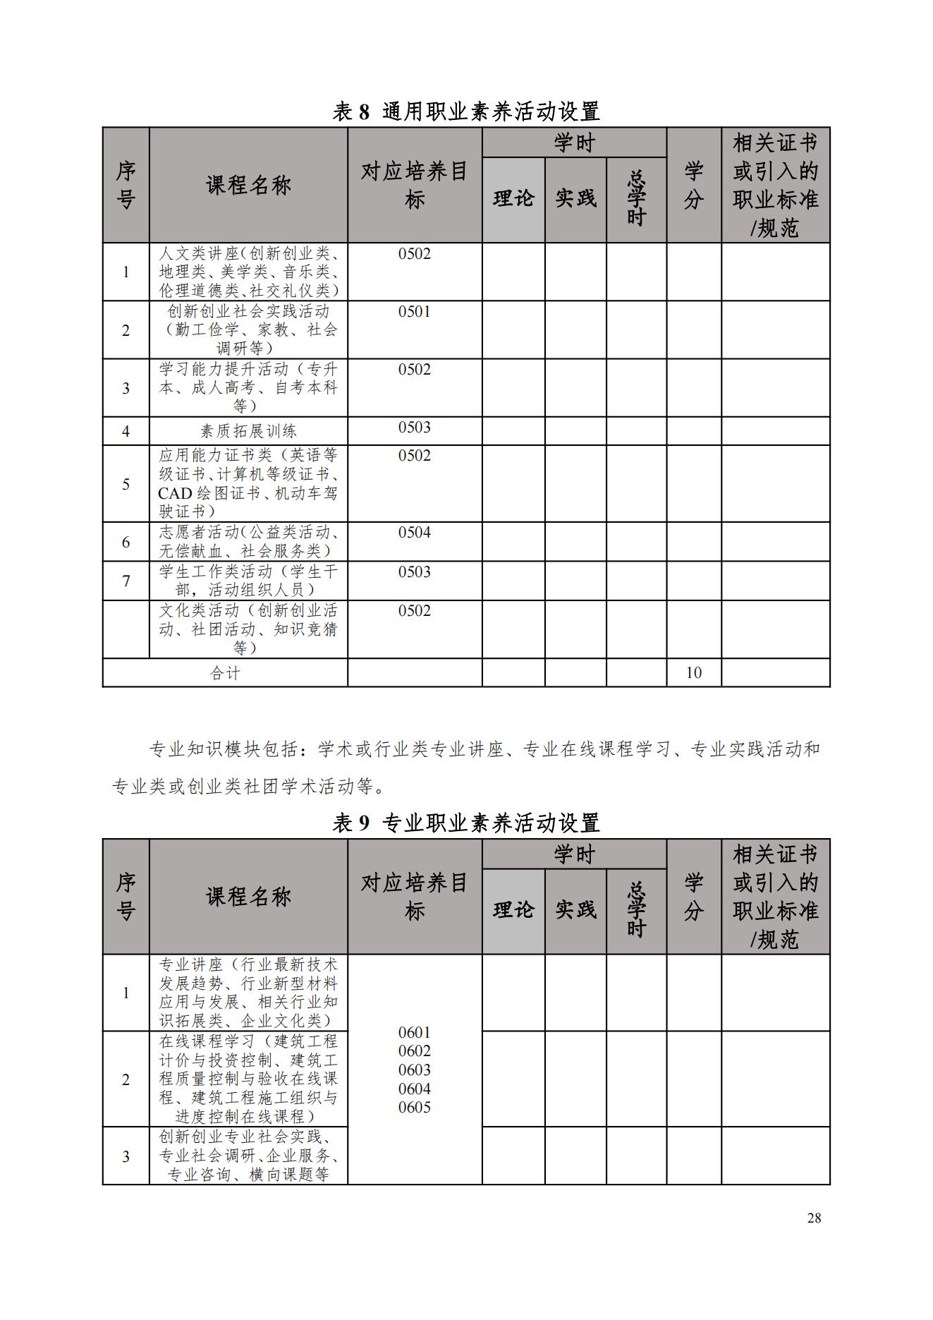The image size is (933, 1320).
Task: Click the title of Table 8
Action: [466, 111]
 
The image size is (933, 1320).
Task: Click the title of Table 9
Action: [466, 823]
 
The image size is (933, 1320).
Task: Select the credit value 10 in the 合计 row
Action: [694, 672]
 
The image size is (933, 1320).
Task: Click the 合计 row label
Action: [225, 673]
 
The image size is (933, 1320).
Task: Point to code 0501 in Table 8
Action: [415, 312]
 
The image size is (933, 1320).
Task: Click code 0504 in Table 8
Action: [415, 533]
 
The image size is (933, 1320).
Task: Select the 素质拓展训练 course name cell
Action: [248, 431]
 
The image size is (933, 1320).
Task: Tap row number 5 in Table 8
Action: [126, 484]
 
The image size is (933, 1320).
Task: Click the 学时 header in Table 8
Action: [574, 143]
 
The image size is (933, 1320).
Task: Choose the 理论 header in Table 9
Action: [513, 910]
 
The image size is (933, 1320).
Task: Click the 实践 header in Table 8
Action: [575, 199]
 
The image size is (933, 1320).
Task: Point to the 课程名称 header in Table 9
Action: [248, 897]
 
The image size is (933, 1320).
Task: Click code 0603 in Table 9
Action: [415, 1070]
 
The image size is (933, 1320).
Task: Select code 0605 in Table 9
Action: [415, 1107]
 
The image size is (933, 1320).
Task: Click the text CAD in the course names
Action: [176, 493]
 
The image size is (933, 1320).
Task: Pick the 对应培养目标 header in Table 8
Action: [415, 185]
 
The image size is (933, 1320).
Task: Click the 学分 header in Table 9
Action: [694, 896]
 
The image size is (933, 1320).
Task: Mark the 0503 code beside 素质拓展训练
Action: [415, 428]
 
